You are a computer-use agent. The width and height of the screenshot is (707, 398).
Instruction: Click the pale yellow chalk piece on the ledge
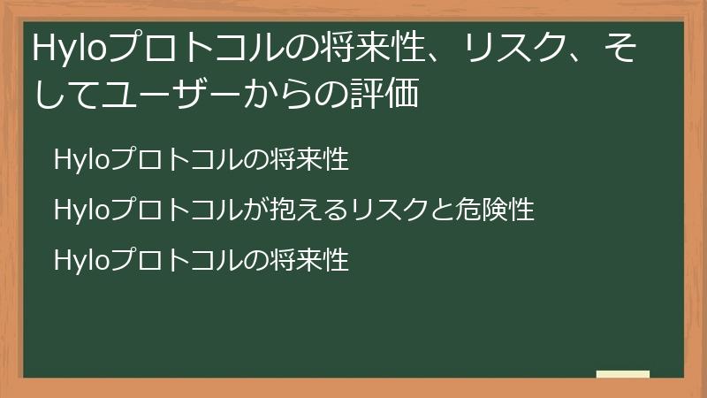(622, 374)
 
